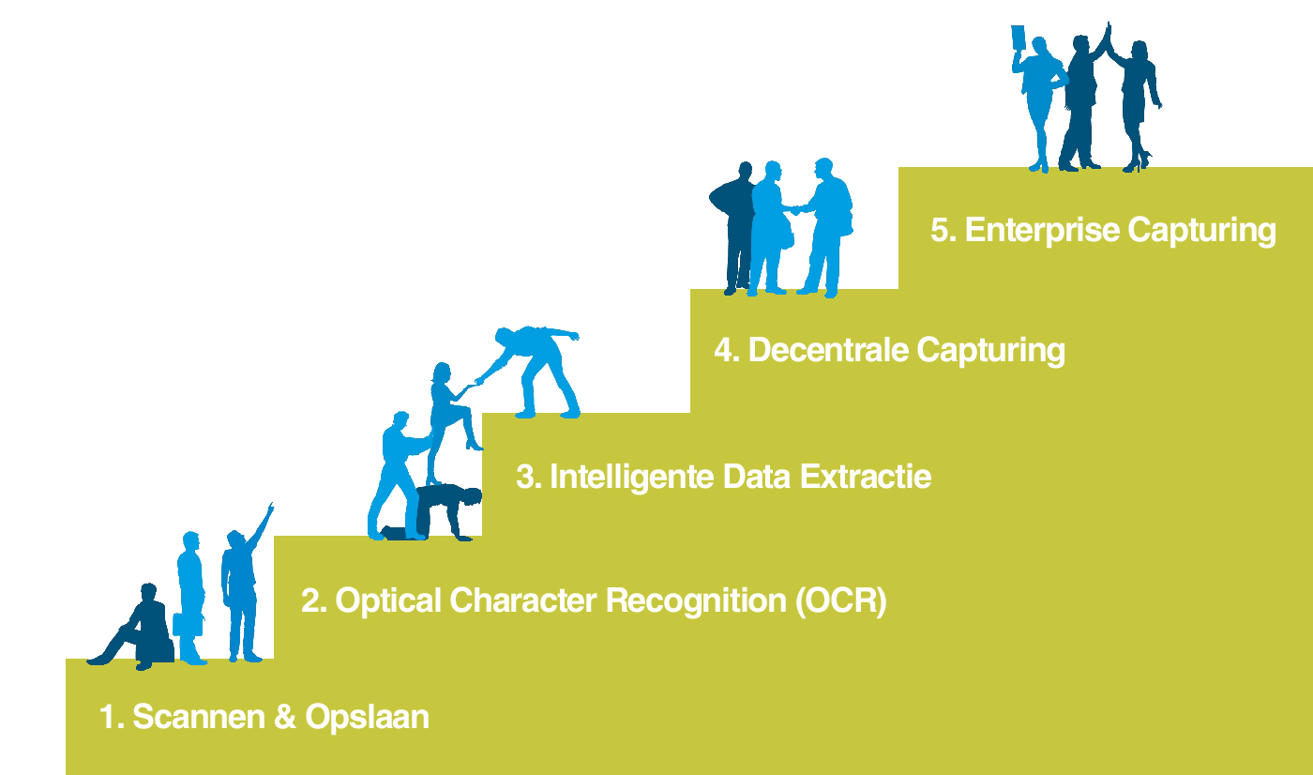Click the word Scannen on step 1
[x=199, y=717]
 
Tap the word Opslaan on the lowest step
[x=367, y=717]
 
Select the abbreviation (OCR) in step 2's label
[x=841, y=600]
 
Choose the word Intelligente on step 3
[x=632, y=477]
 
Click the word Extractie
[x=866, y=476]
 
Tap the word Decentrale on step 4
[x=828, y=350]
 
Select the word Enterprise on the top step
[x=1042, y=231]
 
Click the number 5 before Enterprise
[x=940, y=230]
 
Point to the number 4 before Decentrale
[x=724, y=351]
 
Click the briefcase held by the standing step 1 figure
[x=188, y=624]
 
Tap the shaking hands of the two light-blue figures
[x=796, y=209]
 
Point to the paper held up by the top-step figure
[x=1019, y=39]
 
